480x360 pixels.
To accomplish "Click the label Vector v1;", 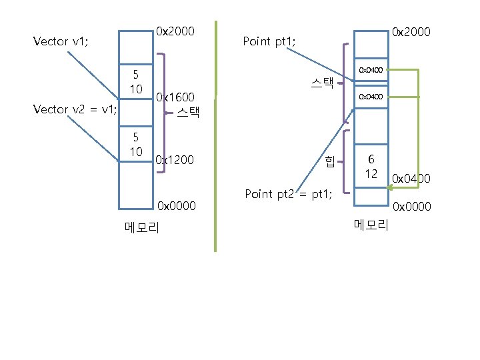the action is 61,41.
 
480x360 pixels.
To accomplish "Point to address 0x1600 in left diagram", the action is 175,97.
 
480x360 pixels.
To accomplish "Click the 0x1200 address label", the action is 175,160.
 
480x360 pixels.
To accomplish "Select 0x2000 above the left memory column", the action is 175,31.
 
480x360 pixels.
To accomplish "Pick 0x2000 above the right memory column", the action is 411,31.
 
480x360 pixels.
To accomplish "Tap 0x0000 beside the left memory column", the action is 176,206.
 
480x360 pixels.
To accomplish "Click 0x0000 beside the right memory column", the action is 412,207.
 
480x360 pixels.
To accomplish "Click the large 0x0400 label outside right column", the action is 411,179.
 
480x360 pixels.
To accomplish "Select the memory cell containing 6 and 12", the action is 371,166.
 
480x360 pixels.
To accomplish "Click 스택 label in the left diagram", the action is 189,111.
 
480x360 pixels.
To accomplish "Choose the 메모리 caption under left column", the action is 142,227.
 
